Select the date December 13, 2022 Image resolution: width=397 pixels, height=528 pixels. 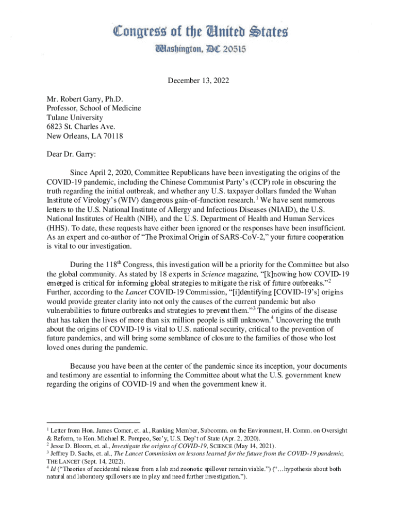(198, 81)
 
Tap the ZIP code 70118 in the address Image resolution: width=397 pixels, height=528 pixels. (112, 136)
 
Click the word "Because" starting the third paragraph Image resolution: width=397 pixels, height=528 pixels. (86, 365)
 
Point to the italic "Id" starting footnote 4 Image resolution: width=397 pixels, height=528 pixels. (54, 469)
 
